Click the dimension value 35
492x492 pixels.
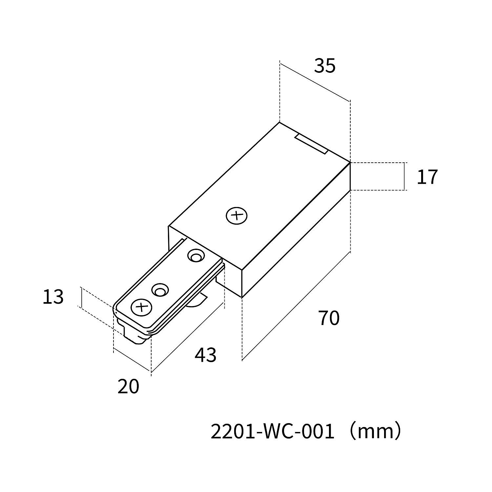pos(325,66)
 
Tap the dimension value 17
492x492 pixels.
pos(427,177)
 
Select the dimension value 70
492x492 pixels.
pos(329,318)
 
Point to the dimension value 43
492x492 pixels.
pos(206,355)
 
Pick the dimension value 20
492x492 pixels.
pos(128,386)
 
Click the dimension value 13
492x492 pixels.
pos(53,297)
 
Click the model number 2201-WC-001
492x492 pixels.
pos(272,432)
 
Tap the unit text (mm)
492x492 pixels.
pos(375,432)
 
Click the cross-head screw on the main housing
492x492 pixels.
pos(236,216)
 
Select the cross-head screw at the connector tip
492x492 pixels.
pos(142,307)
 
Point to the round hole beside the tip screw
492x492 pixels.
pos(160,290)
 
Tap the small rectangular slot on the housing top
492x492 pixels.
pos(311,144)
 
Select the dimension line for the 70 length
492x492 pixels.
pos(296,306)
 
